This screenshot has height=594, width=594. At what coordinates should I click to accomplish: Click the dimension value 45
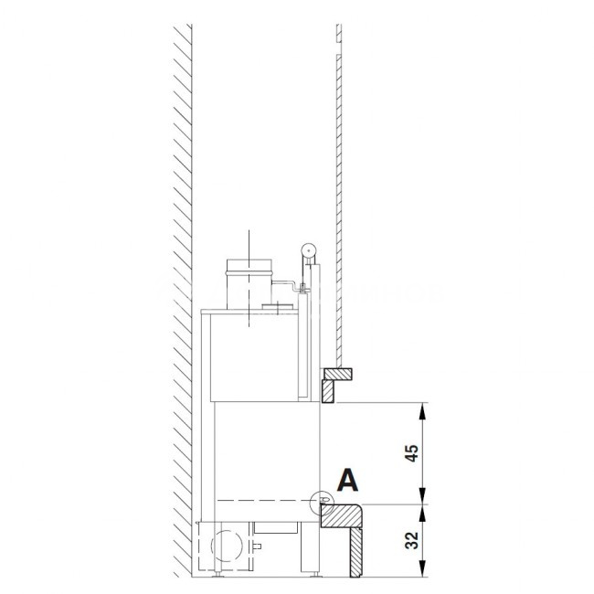click(412, 453)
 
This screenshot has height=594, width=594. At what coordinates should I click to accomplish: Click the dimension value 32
click(412, 541)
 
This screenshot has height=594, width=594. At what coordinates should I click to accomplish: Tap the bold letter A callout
click(347, 481)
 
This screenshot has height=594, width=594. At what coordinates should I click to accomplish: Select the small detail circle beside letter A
click(322, 503)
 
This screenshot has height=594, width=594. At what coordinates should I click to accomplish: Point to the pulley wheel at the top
click(309, 250)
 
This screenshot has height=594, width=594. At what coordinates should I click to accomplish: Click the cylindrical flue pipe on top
click(249, 284)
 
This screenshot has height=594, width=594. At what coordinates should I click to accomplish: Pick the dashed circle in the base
click(227, 546)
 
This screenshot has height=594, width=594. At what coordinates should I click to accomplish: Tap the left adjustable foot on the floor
click(217, 575)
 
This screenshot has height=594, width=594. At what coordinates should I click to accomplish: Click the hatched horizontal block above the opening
click(337, 374)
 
